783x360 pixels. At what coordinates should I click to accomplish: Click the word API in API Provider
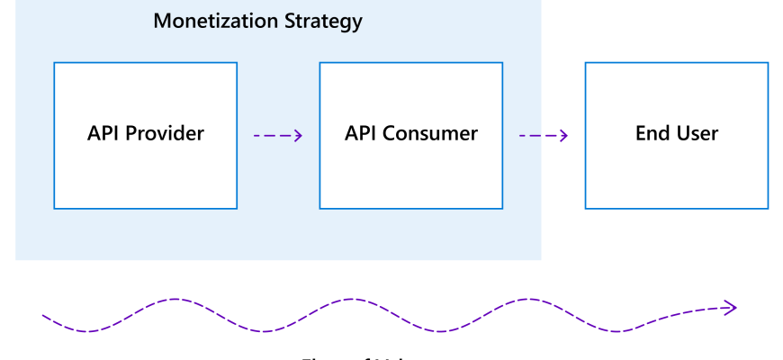click(103, 134)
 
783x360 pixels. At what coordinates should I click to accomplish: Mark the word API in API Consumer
click(361, 134)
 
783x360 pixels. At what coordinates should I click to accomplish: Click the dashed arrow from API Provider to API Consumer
click(277, 136)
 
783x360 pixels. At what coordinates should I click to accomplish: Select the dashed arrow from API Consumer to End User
click(543, 136)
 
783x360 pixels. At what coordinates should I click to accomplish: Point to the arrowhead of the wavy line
click(732, 308)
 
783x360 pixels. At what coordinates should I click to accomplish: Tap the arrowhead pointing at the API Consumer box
click(298, 136)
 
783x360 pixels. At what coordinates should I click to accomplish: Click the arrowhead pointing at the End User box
click(563, 136)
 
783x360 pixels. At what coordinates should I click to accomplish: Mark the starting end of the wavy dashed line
click(44, 315)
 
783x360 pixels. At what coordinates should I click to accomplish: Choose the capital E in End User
click(641, 134)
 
